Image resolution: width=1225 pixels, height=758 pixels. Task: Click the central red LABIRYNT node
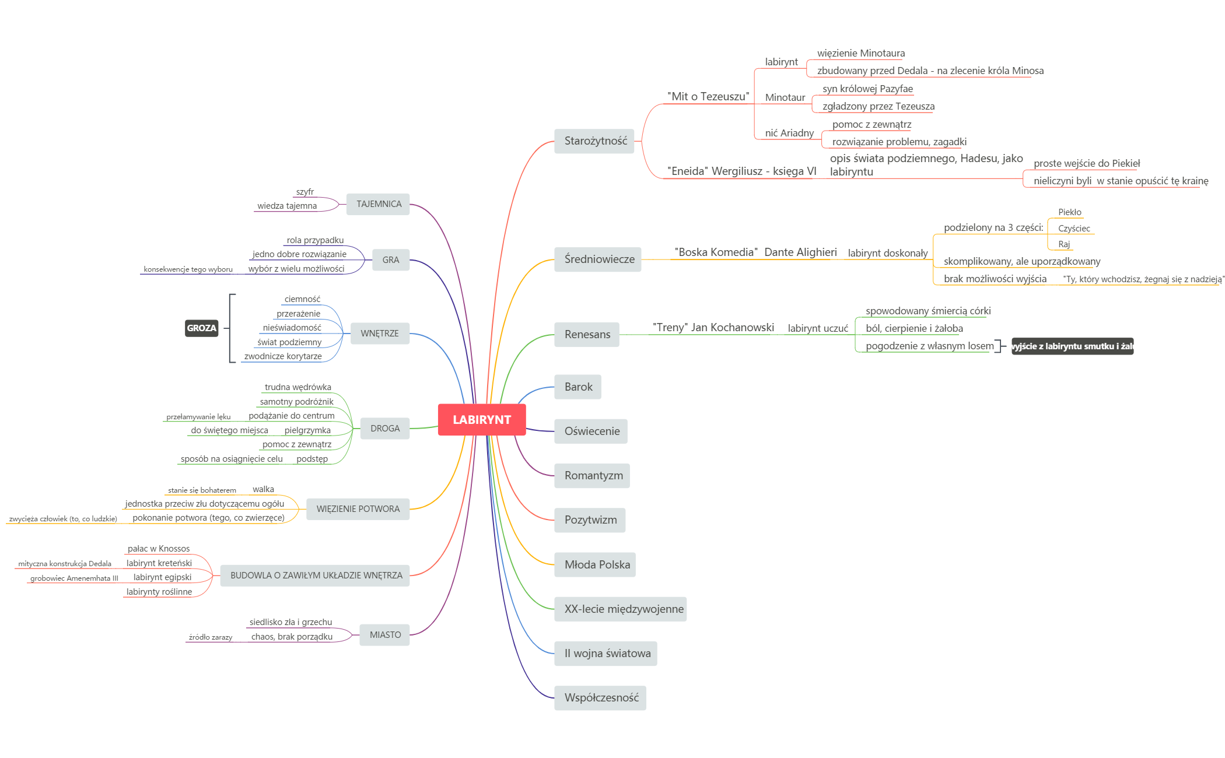tap(482, 420)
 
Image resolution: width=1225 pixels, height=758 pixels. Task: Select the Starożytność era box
tap(594, 141)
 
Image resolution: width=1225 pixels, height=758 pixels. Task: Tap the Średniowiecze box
tap(598, 259)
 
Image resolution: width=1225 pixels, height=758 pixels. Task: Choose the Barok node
tap(577, 387)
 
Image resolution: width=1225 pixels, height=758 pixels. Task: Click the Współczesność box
tap(600, 698)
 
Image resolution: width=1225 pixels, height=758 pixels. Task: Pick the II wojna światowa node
tap(606, 654)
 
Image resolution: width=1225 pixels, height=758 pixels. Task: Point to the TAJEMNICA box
tap(379, 204)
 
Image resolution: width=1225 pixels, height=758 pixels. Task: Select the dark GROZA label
tap(201, 328)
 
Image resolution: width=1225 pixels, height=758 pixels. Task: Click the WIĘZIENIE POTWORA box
tap(358, 509)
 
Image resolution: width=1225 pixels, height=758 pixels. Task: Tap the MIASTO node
tap(385, 635)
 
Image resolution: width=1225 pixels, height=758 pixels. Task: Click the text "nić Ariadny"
tap(789, 133)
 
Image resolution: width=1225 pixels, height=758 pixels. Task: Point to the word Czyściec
tap(1074, 229)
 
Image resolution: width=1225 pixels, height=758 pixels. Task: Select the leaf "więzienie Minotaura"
tap(861, 53)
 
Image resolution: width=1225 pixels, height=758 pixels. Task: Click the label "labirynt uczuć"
tap(818, 328)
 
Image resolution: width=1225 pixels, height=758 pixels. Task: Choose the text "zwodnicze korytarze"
tap(283, 356)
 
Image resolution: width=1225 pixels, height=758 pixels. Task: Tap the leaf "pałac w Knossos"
tap(159, 549)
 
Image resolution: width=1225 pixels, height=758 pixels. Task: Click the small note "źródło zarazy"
tap(211, 637)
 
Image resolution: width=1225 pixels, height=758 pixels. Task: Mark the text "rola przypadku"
tap(315, 240)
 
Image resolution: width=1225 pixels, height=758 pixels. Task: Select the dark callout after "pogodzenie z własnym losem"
tap(1072, 346)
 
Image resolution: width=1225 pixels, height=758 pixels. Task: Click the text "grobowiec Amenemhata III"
tap(74, 578)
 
